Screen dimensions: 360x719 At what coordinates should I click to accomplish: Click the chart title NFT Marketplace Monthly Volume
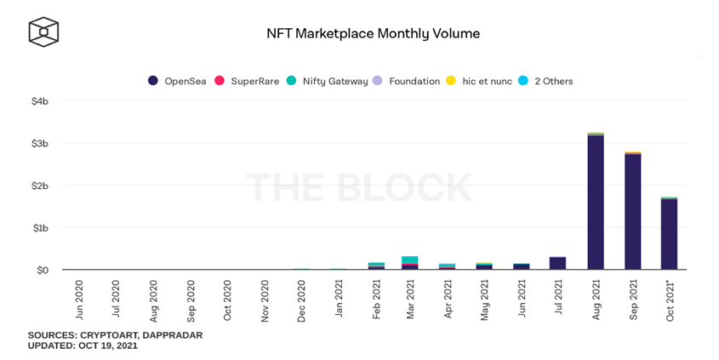374,34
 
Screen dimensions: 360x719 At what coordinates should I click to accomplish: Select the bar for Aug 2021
596,202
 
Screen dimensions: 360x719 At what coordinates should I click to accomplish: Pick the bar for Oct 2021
669,233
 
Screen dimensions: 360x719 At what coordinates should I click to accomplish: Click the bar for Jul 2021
558,263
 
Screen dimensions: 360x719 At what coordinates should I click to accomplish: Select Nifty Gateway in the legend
328,81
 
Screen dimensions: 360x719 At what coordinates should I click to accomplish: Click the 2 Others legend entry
546,81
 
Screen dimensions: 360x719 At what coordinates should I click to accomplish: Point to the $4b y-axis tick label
40,101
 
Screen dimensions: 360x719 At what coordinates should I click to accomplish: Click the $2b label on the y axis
40,186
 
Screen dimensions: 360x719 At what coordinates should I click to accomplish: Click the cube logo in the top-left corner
43,32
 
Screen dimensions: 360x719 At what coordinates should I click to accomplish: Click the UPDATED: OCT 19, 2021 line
83,346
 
